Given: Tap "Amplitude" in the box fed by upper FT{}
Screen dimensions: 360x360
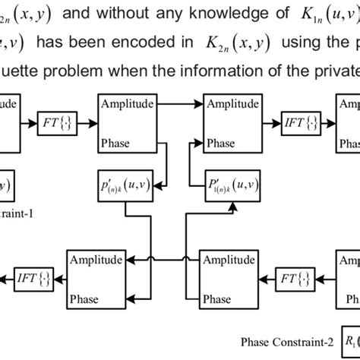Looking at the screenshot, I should [125, 102].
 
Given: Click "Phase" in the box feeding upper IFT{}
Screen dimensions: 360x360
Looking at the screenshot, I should [220, 141].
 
